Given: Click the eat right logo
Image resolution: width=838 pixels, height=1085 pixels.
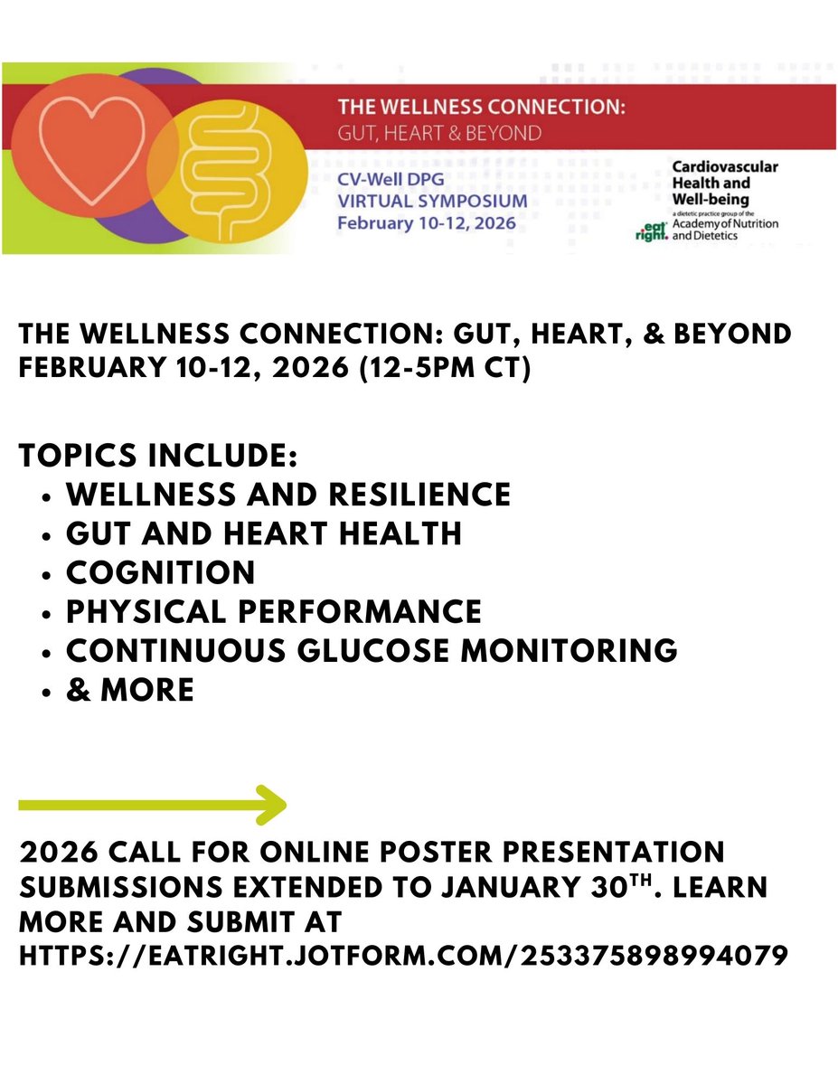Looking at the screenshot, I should click(651, 232).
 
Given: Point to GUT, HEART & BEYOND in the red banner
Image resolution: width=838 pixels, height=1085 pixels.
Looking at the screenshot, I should click(439, 133).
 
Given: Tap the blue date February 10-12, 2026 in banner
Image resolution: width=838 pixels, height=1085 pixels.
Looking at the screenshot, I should click(426, 222).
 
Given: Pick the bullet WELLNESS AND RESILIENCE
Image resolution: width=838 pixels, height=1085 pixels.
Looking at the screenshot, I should click(287, 495).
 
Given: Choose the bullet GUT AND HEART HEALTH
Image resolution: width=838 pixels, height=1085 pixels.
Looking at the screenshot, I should click(263, 533).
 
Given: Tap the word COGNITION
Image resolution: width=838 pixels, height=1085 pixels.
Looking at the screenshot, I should click(160, 572).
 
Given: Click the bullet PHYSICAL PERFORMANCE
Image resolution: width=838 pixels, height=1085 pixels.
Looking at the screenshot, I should click(273, 611).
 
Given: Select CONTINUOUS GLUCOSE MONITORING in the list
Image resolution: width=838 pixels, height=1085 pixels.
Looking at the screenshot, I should click(371, 650).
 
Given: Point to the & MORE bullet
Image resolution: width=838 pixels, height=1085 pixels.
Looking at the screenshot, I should click(129, 690).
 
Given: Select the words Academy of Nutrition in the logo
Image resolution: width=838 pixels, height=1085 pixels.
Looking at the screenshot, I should click(725, 223).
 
